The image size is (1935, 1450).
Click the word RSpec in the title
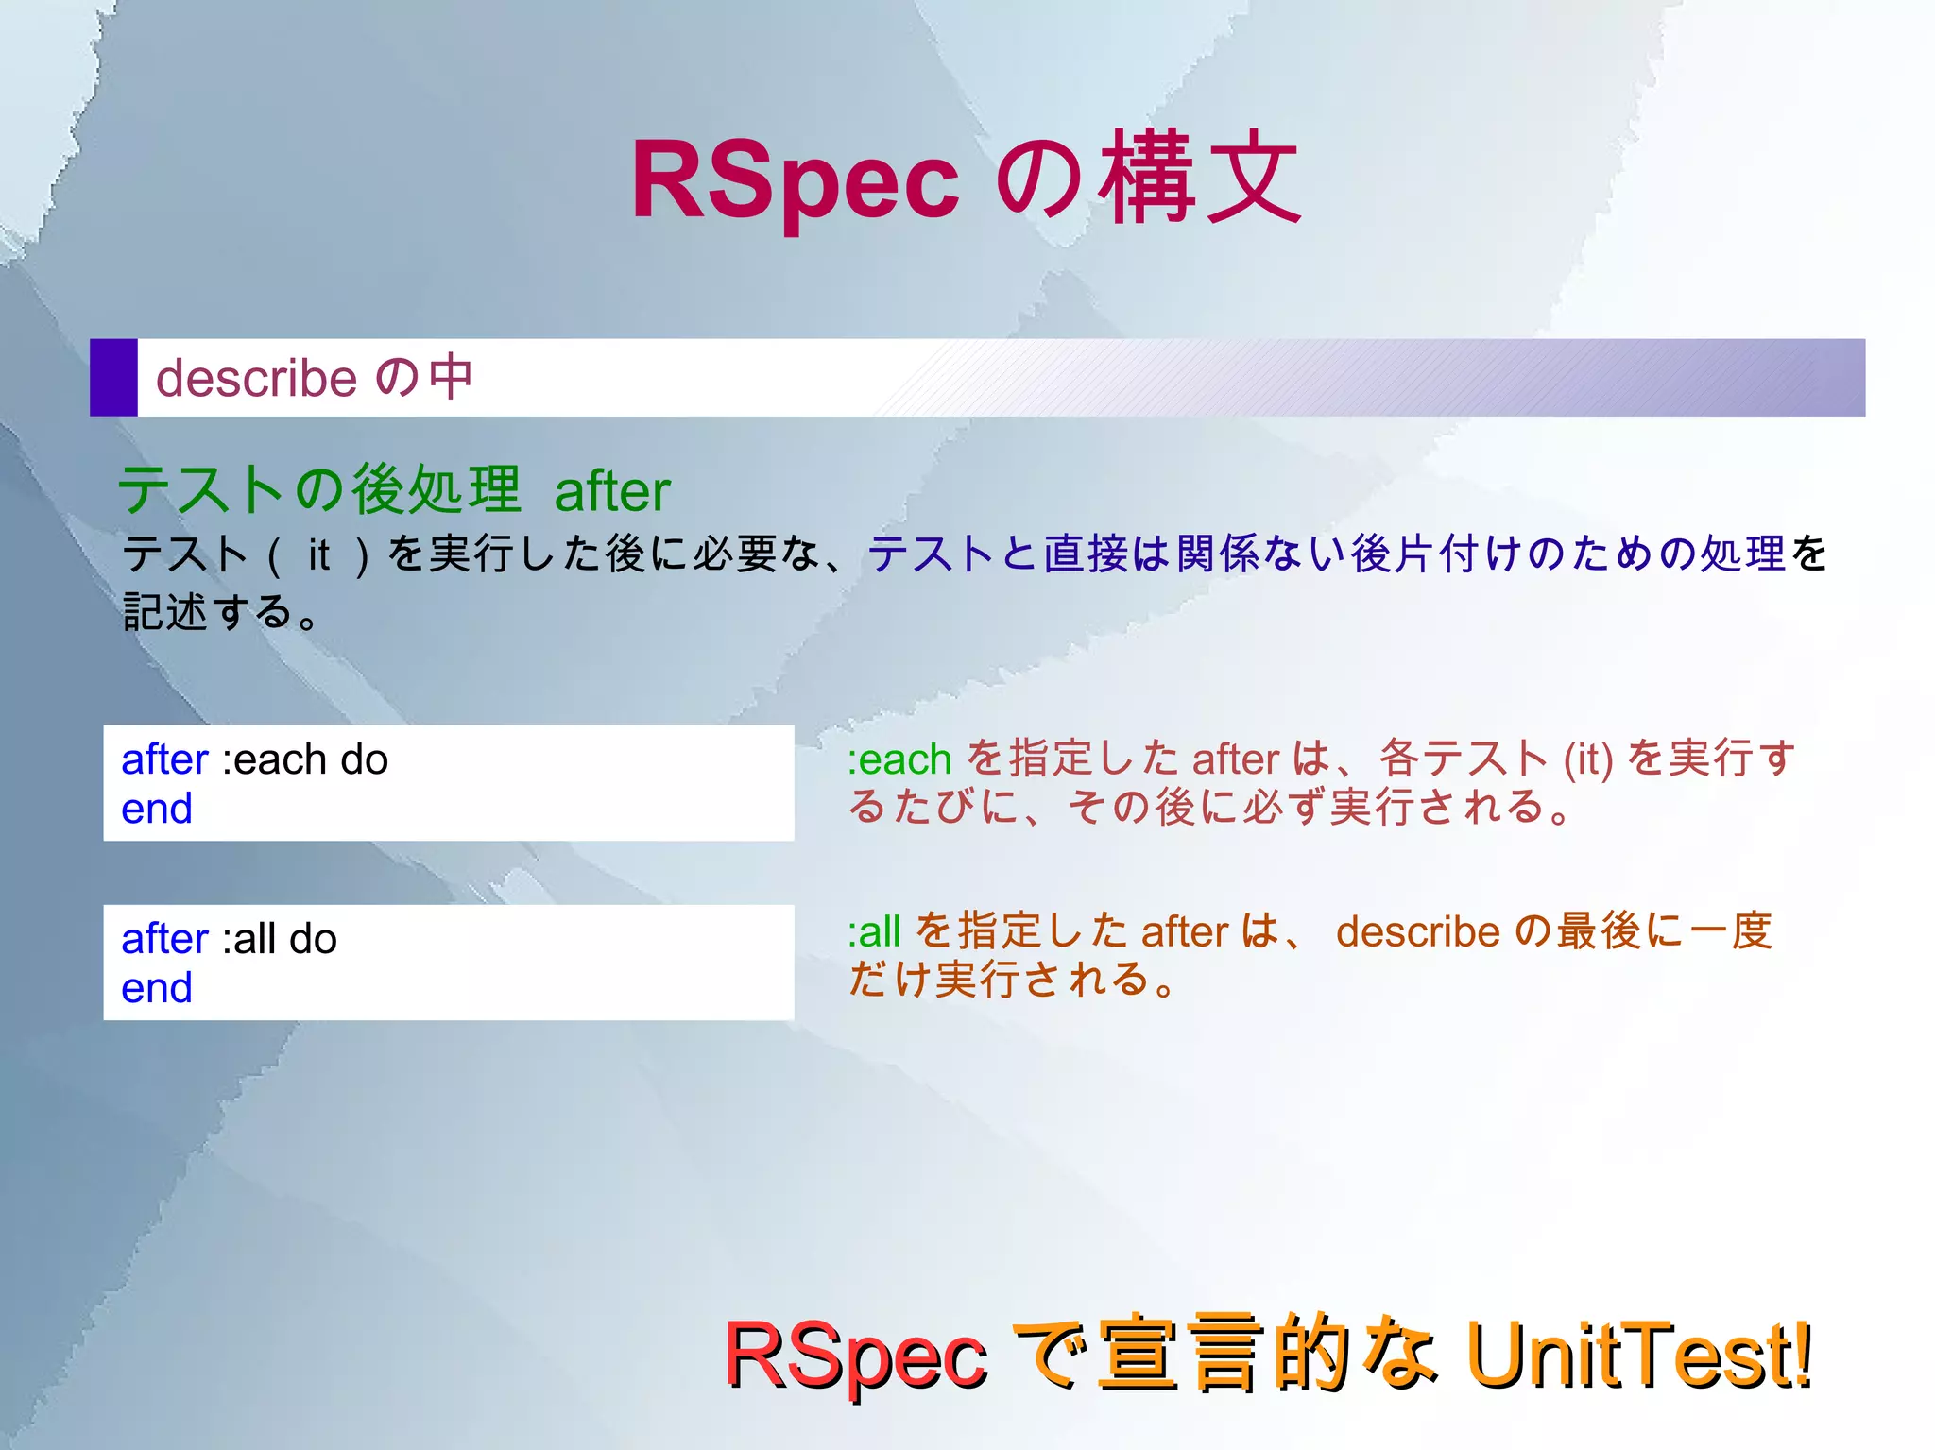795,179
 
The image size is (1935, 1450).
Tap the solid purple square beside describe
113,377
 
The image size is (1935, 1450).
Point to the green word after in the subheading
611,491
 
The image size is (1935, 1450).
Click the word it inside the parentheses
318,554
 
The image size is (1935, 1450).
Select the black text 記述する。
222,612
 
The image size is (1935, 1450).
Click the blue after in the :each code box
164,759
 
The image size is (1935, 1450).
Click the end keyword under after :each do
157,809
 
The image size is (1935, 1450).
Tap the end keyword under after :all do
157,988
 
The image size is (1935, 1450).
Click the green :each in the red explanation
899,759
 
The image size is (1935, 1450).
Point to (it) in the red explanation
1588,759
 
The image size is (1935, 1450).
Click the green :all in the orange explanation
873,932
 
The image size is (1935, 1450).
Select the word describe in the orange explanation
1417,932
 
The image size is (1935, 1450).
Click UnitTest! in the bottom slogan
1638,1355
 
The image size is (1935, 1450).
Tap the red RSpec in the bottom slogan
855,1356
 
